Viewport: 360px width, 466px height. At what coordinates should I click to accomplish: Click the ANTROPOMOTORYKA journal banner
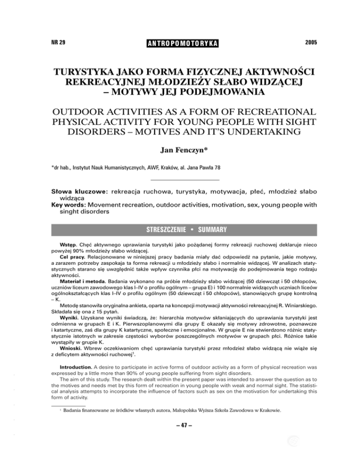coord(180,43)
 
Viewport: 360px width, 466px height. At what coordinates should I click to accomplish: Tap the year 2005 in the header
coord(308,43)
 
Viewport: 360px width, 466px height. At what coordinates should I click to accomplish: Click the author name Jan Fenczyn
coord(180,164)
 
